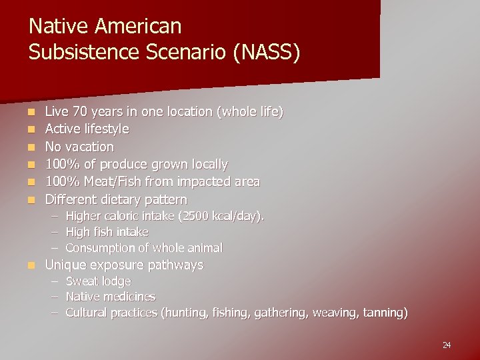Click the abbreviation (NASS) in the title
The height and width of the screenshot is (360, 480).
click(269, 52)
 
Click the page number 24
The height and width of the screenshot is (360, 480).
click(447, 345)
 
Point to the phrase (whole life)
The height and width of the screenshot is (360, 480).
click(251, 111)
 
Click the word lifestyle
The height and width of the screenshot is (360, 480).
click(107, 129)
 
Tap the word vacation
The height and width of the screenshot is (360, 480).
click(90, 147)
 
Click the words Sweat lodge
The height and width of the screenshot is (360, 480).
click(98, 281)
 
